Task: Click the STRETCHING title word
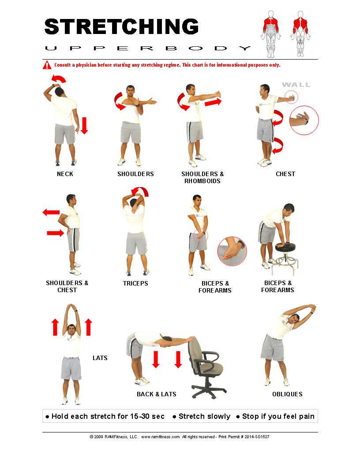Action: tap(121, 26)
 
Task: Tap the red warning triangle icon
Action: tap(47, 65)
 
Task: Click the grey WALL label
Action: tap(296, 85)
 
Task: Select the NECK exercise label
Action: tap(65, 174)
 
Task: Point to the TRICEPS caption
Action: tap(135, 283)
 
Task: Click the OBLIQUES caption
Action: tap(287, 394)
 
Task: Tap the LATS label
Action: tap(100, 358)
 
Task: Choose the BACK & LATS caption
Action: tap(157, 394)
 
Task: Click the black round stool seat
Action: tap(285, 246)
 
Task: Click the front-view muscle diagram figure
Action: tap(270, 34)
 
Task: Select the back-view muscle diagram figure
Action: tap(300, 34)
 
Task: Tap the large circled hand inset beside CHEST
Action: tap(304, 120)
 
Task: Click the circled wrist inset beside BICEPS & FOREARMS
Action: tap(232, 251)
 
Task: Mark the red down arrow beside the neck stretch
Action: tap(84, 125)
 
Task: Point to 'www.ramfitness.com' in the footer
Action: tap(161, 436)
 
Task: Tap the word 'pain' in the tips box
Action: tap(307, 417)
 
